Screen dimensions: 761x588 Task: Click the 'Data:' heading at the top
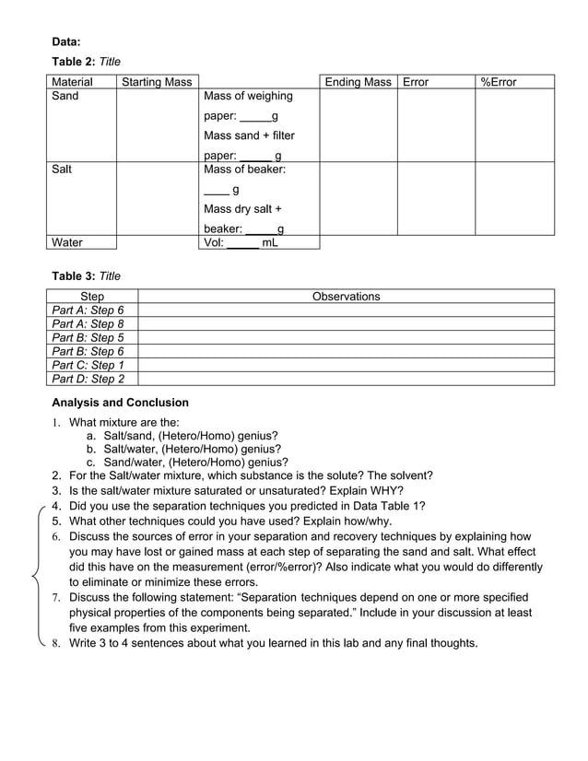[65, 41]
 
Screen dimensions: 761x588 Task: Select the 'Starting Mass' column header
[157, 82]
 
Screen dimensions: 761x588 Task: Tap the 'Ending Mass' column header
[358, 82]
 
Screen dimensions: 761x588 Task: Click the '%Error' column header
[499, 82]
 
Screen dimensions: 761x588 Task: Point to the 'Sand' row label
[65, 96]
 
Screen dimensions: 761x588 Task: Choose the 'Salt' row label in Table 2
[63, 170]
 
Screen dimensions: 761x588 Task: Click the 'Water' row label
[67, 242]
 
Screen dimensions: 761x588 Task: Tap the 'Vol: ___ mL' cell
[241, 242]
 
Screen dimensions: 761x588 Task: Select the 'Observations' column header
[346, 297]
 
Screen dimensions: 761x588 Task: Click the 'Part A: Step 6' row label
[88, 310]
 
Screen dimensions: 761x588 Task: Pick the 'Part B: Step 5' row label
[88, 337]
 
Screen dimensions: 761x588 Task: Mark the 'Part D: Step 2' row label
[88, 378]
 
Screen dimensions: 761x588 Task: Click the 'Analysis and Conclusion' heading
[120, 403]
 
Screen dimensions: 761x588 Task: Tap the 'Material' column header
[73, 82]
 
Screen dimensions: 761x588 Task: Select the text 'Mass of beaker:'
[244, 170]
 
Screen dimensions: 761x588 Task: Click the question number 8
[56, 643]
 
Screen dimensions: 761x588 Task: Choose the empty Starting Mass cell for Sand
[157, 124]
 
